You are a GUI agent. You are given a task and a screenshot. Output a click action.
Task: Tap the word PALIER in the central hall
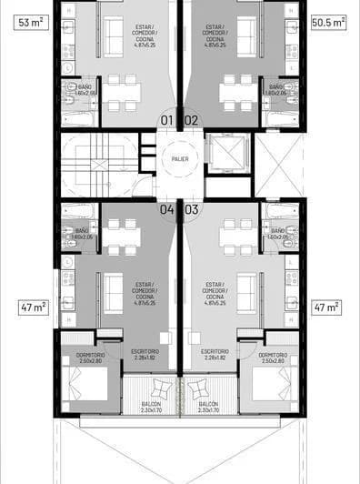point(180,159)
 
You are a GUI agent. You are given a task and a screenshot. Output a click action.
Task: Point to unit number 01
point(167,119)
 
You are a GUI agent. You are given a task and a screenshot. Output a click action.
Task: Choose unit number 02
point(191,119)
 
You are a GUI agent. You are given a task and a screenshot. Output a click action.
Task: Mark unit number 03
point(191,208)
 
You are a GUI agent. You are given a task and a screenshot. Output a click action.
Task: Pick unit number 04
point(167,208)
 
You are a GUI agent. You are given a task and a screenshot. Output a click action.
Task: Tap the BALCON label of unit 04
point(150,407)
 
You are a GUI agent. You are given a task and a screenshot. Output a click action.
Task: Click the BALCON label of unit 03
point(208,407)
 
